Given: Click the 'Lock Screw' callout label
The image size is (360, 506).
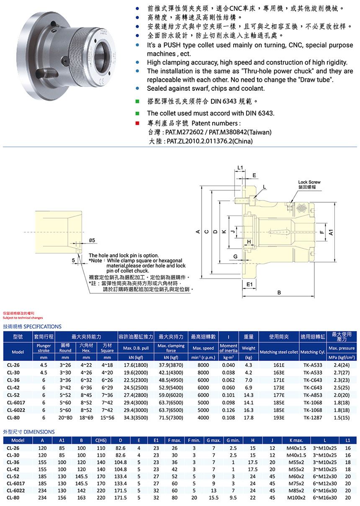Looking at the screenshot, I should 309,182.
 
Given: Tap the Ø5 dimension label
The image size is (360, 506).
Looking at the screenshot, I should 93,240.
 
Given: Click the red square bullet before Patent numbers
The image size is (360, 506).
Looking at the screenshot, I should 137,123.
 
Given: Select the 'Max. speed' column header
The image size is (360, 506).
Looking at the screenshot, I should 203,348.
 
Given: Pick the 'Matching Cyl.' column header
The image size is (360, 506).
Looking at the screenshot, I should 312,352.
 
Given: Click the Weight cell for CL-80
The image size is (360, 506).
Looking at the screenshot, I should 248,417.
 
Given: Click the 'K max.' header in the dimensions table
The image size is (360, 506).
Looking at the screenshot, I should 296,440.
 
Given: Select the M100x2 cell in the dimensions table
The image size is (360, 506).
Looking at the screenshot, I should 296,498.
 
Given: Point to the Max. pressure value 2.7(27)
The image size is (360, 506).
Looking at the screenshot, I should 342,372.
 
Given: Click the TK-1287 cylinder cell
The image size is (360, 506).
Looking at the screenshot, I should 312,417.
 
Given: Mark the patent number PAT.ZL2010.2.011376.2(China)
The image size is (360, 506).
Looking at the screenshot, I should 210,141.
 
